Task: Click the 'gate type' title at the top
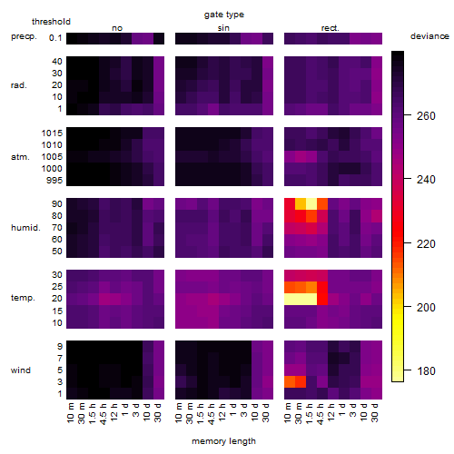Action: [224, 15]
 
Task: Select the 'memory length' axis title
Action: [223, 441]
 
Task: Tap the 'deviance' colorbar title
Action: [429, 36]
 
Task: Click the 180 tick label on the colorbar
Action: [426, 370]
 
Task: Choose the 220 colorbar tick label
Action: [426, 243]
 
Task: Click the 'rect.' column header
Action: [331, 28]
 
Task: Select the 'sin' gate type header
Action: [223, 28]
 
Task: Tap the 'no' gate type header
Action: [117, 28]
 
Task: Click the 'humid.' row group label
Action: [25, 228]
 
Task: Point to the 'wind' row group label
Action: [21, 370]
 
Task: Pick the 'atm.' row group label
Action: [20, 157]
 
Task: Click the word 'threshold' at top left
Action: [51, 22]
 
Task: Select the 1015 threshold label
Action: [52, 133]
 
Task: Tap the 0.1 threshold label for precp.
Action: [55, 38]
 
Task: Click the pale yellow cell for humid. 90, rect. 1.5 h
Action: [311, 204]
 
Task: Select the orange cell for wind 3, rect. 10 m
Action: [290, 381]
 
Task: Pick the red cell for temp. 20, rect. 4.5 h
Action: [322, 299]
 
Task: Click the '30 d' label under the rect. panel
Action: [375, 412]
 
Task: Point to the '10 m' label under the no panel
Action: [70, 413]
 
